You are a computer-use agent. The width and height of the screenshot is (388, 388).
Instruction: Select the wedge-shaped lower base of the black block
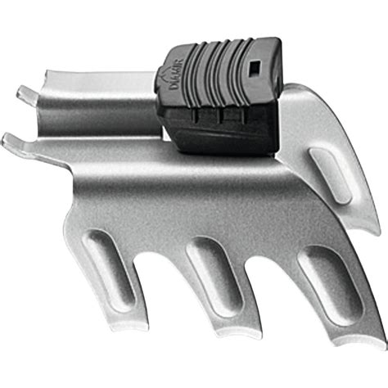pyautogui.click(x=221, y=131)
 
